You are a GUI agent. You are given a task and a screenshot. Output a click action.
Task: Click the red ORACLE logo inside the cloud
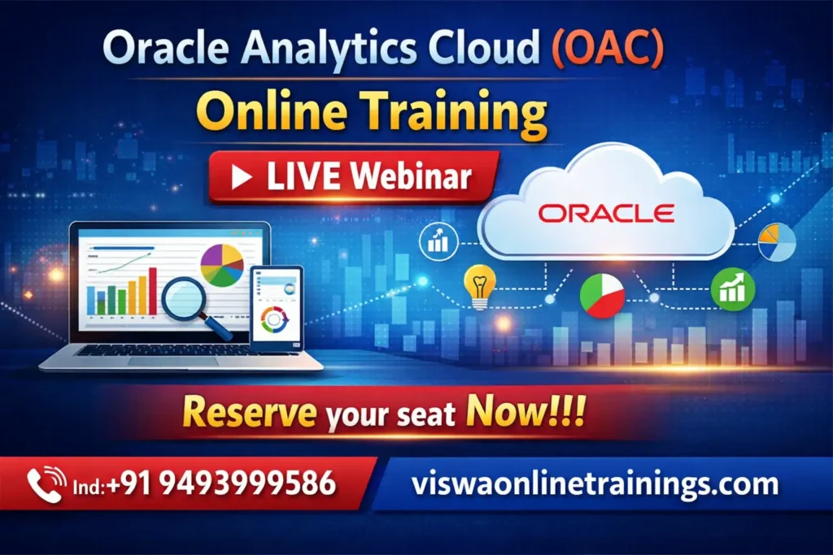coord(606,213)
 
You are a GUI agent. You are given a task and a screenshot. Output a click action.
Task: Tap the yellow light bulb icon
coord(479,287)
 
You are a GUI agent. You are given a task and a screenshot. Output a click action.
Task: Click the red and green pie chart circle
coord(602,295)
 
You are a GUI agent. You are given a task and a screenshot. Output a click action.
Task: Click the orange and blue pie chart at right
coord(777,242)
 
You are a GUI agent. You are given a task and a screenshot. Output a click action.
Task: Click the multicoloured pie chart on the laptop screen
coord(222,265)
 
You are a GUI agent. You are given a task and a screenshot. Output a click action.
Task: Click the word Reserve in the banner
coord(249,413)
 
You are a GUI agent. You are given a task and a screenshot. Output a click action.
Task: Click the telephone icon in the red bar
coord(47,484)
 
